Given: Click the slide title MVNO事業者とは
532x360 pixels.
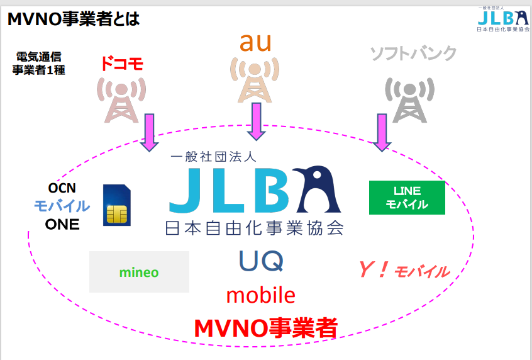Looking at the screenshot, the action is click(x=74, y=19).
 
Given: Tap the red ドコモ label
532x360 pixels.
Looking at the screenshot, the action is click(x=122, y=64).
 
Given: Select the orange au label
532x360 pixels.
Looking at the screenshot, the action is click(x=255, y=42).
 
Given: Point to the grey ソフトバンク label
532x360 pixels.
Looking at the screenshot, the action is click(x=413, y=53).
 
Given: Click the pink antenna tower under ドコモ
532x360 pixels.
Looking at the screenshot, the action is click(x=121, y=100).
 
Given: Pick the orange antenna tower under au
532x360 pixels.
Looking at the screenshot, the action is click(x=255, y=80).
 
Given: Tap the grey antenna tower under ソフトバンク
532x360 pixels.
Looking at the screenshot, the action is click(x=409, y=100).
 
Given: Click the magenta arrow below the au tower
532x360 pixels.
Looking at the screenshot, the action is click(x=256, y=121).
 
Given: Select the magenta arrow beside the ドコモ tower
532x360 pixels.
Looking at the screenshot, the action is click(x=149, y=132).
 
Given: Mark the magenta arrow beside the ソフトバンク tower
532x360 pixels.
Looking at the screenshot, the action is click(x=382, y=132).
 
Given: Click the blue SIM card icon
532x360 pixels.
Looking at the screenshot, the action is click(x=117, y=205).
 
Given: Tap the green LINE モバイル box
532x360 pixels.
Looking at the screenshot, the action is click(x=407, y=198).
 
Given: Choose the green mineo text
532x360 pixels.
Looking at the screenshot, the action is click(x=139, y=272).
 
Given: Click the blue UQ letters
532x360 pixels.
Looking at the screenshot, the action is click(x=261, y=261).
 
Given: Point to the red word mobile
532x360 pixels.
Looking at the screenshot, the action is click(x=260, y=295).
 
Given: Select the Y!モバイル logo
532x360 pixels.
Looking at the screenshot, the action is click(x=404, y=270).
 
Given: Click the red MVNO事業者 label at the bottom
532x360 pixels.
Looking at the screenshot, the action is click(x=265, y=328).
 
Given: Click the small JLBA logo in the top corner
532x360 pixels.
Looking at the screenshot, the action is click(x=503, y=20).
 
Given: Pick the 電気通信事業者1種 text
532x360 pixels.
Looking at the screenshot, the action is click(x=39, y=63).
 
